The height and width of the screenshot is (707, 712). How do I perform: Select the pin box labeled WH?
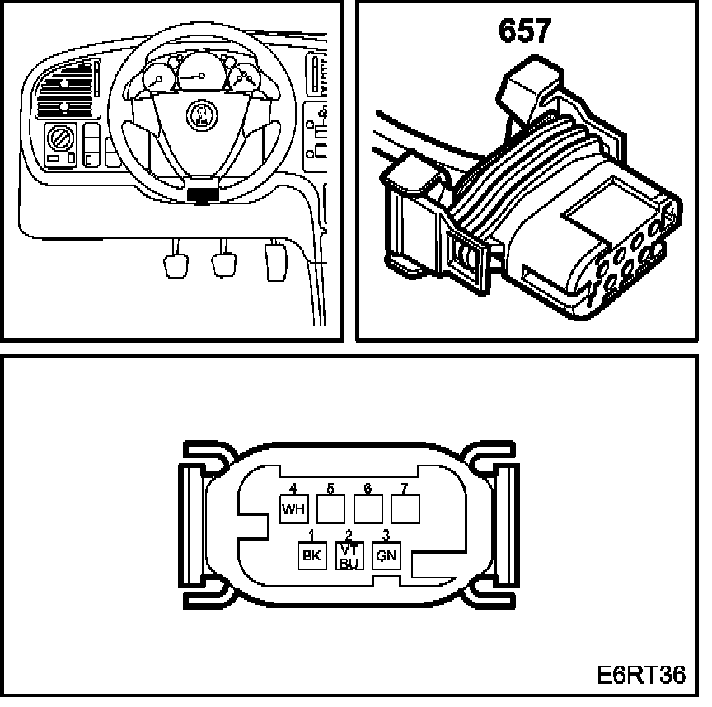coord(293,510)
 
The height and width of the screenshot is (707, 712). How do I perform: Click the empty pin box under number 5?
coord(330,510)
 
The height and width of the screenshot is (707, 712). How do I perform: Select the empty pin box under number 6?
coord(368,510)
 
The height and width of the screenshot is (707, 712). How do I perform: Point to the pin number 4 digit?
coord(293,489)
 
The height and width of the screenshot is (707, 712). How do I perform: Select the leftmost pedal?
coord(178,265)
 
